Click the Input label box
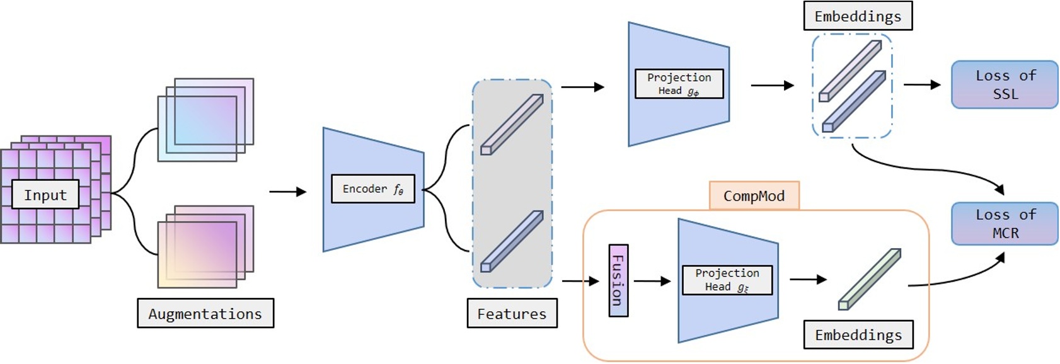click(x=45, y=195)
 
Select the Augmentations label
click(x=205, y=313)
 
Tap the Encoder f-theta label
click(x=373, y=189)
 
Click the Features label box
click(x=512, y=313)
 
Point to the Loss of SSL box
click(x=1005, y=84)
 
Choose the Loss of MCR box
click(x=1005, y=224)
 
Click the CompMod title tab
click(x=754, y=196)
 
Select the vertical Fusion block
click(x=618, y=280)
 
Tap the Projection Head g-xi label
click(x=727, y=280)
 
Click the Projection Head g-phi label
click(x=679, y=84)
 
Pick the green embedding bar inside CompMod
click(x=869, y=280)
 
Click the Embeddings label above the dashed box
click(x=858, y=16)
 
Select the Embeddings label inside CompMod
click(x=858, y=334)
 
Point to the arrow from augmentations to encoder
click(x=287, y=191)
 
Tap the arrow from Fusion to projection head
click(x=652, y=281)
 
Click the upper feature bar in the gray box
click(x=512, y=124)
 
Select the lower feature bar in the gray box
click(x=512, y=241)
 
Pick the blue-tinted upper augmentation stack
click(x=205, y=120)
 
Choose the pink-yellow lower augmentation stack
click(x=205, y=247)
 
